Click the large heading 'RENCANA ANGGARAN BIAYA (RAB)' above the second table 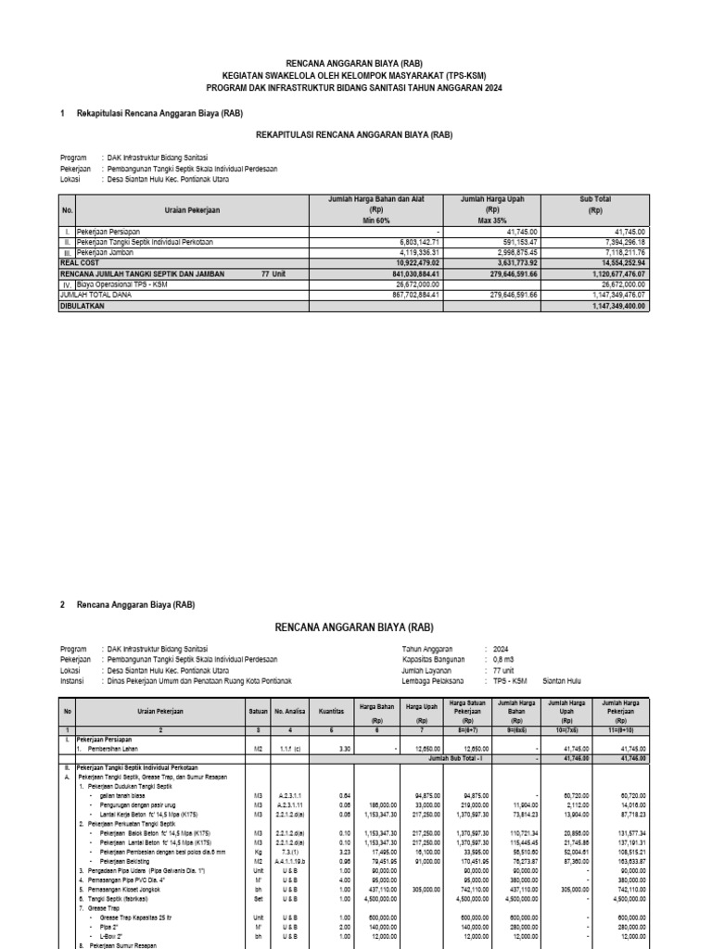click(x=356, y=626)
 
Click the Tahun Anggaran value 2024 click(x=502, y=649)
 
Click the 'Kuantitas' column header click(x=332, y=710)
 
